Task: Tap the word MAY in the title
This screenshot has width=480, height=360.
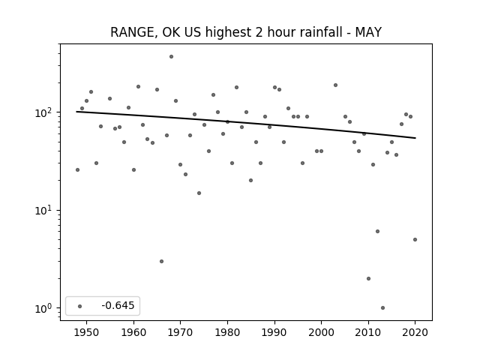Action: (368, 32)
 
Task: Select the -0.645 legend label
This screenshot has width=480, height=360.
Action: (118, 305)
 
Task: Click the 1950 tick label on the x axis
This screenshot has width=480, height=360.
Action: (87, 332)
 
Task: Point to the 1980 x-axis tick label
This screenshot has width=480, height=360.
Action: (227, 332)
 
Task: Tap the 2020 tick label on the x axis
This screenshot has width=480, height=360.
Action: (415, 332)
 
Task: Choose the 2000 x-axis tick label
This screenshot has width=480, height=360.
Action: (321, 332)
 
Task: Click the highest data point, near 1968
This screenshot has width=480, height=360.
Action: (172, 57)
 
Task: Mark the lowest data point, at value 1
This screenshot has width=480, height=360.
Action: (382, 308)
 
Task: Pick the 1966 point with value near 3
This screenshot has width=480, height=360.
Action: (162, 262)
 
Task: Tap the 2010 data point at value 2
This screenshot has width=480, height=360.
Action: (368, 278)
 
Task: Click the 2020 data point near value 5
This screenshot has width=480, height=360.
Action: (415, 240)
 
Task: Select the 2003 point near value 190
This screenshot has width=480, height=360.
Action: (335, 85)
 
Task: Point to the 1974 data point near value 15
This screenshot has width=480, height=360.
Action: (199, 193)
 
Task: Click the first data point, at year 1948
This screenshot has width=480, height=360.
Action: (77, 170)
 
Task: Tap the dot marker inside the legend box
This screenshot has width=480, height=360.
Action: (80, 306)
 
